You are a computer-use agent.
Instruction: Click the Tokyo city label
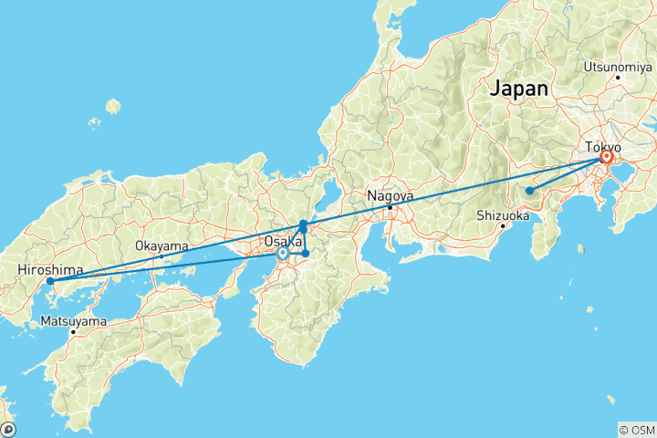603,146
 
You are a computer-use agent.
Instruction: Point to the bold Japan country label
519,89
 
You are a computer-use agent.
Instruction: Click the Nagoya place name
390,195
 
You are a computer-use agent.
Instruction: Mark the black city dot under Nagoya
391,208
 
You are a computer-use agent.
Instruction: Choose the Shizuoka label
503,216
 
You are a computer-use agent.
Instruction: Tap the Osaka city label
282,241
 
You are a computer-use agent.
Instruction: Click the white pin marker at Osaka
283,254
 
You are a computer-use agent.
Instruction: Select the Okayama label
162,245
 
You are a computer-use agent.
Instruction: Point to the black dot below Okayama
162,256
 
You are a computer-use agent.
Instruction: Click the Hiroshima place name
50,270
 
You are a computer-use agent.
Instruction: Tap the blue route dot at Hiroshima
50,281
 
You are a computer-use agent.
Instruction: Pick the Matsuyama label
73,321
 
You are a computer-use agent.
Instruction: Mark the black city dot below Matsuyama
73,332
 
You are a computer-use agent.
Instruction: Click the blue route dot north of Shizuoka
529,191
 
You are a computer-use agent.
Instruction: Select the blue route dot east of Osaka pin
307,253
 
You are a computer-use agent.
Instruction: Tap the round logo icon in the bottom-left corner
8,429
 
